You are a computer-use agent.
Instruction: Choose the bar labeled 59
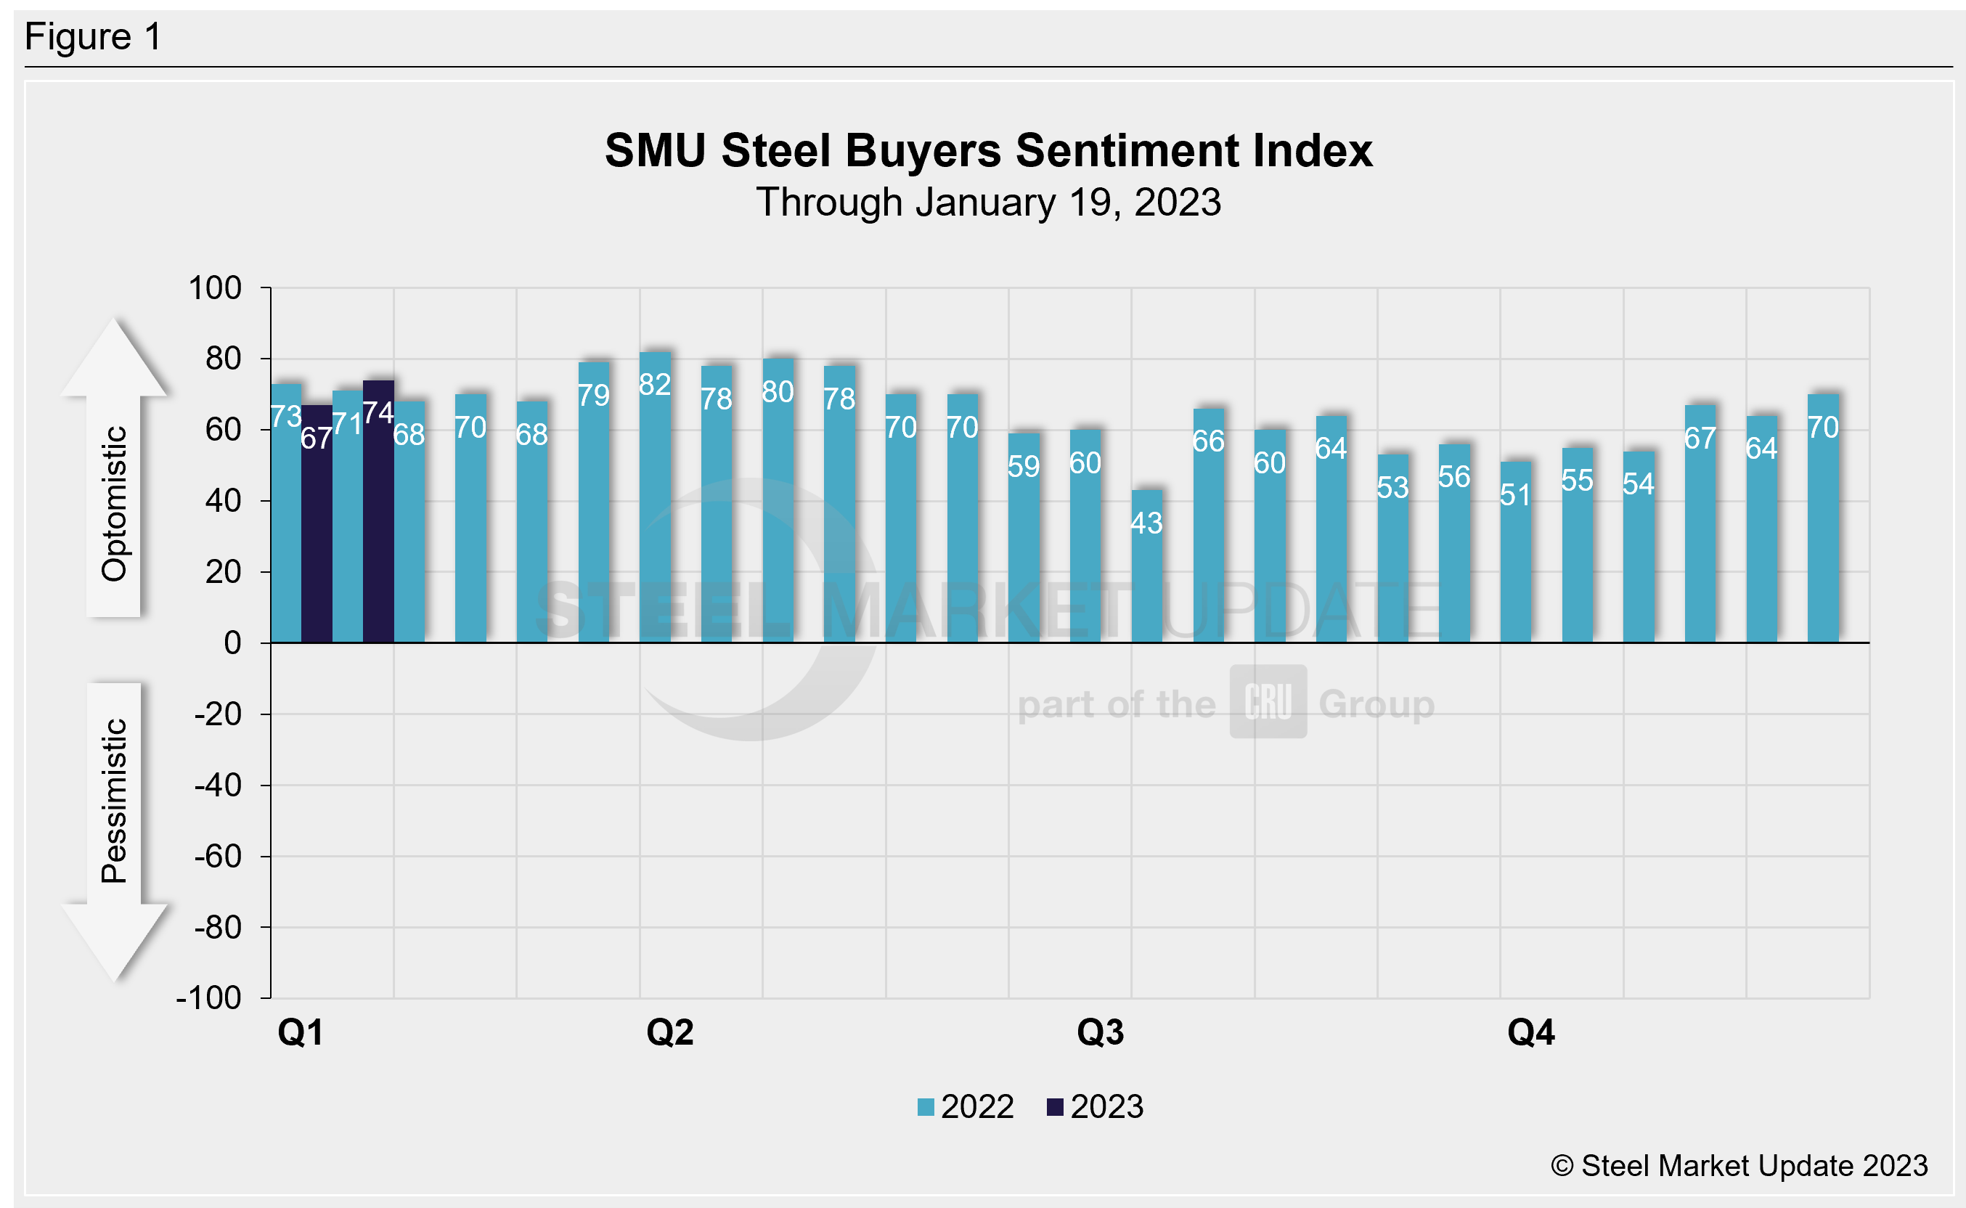pyautogui.click(x=1024, y=543)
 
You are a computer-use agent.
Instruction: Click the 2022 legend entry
pyautogui.click(x=966, y=1107)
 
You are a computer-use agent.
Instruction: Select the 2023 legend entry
pyautogui.click(x=1096, y=1107)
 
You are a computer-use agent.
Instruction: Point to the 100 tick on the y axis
pyautogui.click(x=215, y=288)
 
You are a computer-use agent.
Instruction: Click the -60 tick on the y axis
pyautogui.click(x=217, y=857)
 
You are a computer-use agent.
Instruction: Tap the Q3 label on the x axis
pyautogui.click(x=1100, y=1032)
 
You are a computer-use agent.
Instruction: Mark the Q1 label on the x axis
pyautogui.click(x=301, y=1032)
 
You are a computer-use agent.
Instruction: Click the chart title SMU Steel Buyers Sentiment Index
pyautogui.click(x=988, y=150)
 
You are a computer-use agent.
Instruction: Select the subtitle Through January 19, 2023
pyautogui.click(x=988, y=202)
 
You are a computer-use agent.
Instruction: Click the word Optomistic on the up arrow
pyautogui.click(x=114, y=503)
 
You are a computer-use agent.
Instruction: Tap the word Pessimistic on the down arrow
pyautogui.click(x=114, y=801)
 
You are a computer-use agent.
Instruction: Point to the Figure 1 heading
pyautogui.click(x=94, y=37)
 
